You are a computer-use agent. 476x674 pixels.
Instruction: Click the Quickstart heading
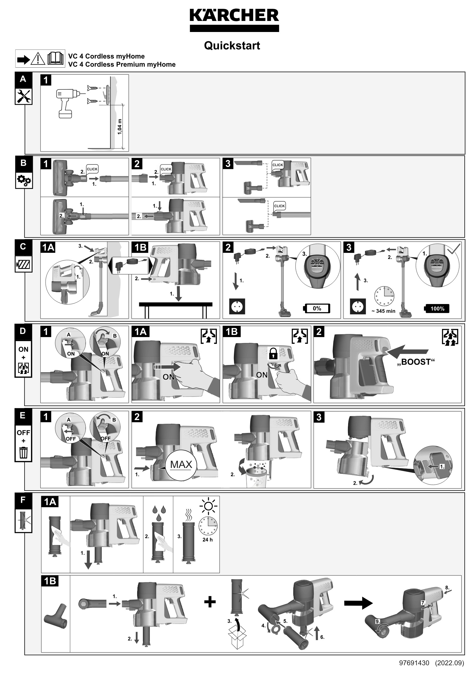click(x=232, y=46)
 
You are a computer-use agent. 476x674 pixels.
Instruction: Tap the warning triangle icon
click(x=38, y=59)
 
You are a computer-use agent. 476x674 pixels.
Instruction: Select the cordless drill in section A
click(x=68, y=103)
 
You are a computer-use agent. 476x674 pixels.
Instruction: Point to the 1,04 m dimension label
click(x=119, y=127)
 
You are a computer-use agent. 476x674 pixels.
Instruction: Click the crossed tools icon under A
click(x=23, y=96)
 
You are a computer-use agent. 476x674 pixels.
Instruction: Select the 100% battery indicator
click(x=437, y=309)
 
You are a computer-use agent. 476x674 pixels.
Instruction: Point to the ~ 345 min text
click(x=383, y=311)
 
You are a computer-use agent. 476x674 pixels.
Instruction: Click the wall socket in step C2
click(x=237, y=307)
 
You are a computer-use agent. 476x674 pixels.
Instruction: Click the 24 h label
click(x=207, y=540)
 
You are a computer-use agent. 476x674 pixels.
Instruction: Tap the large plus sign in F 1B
click(x=210, y=602)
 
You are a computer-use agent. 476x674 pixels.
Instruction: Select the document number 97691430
click(x=414, y=663)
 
